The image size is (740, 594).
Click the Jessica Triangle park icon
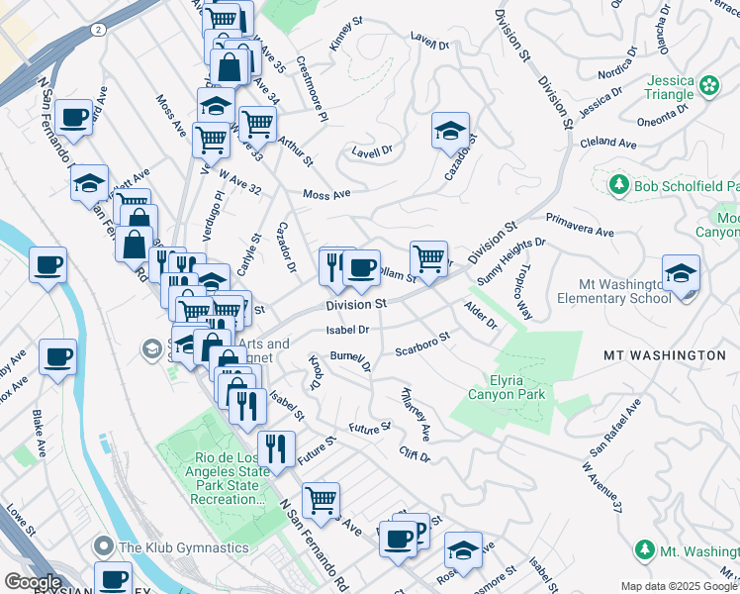point(709,87)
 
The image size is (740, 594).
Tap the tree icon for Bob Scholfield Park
point(619,185)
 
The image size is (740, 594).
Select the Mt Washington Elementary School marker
point(682,276)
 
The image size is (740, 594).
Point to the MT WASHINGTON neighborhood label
point(665,354)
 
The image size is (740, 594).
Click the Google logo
point(33,582)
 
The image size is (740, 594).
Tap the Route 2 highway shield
point(99,31)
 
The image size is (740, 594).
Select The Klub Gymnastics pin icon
point(104,546)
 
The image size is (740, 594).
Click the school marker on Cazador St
point(450,132)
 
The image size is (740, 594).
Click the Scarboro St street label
point(422,344)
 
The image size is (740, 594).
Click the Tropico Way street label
point(520,292)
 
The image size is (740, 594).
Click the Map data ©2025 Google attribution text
point(678,586)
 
